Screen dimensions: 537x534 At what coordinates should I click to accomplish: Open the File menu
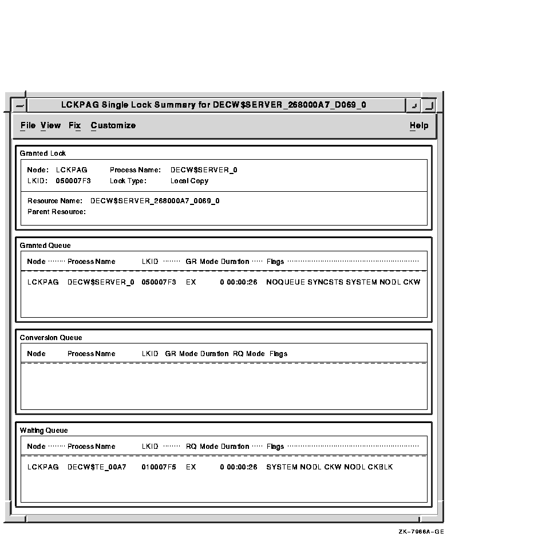click(x=27, y=125)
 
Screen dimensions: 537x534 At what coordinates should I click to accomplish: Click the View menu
click(x=50, y=125)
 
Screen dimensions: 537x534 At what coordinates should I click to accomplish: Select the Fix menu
click(x=74, y=125)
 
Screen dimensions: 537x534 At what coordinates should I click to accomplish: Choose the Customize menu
click(x=113, y=125)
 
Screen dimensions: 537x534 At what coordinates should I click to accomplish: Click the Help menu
click(x=418, y=125)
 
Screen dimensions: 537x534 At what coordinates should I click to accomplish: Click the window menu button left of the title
click(x=19, y=105)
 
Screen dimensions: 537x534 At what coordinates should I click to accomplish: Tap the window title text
click(x=213, y=105)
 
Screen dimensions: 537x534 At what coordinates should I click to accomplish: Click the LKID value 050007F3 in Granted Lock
click(x=73, y=181)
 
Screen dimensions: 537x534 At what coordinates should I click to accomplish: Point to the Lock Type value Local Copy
click(x=189, y=181)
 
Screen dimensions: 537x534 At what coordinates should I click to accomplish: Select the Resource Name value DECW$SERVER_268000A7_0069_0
click(x=155, y=201)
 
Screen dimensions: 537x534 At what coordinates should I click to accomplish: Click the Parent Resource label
click(x=56, y=212)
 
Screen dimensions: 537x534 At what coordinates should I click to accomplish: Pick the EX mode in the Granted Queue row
click(x=191, y=282)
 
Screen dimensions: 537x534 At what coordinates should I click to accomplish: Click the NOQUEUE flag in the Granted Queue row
click(x=285, y=282)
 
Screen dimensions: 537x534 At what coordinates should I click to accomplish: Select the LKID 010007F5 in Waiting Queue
click(x=159, y=467)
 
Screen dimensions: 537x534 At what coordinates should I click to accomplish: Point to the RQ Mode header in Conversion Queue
click(x=248, y=354)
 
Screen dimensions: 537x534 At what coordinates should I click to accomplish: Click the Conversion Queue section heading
click(x=51, y=338)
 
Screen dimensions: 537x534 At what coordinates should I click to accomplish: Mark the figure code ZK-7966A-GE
click(x=421, y=532)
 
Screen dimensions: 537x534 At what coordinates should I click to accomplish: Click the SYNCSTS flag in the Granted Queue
click(x=325, y=282)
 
